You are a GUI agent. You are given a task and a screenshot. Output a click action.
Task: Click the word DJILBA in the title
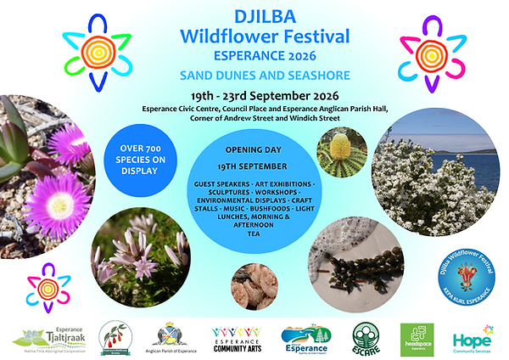255,16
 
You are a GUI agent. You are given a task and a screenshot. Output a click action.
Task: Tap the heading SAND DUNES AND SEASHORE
255,75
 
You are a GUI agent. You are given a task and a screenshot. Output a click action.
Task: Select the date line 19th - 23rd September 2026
255,96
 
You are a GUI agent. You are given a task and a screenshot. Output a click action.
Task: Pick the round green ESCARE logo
366,337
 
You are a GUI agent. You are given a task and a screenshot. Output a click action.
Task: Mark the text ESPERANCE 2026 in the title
255,55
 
